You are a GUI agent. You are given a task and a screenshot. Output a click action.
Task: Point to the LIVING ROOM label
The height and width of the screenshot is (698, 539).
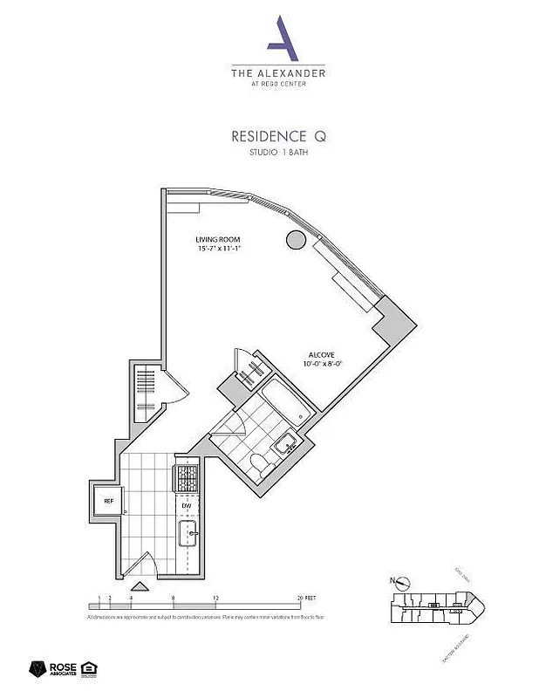(217, 239)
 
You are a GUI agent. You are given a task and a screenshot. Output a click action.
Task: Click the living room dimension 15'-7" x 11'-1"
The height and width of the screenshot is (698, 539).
(217, 249)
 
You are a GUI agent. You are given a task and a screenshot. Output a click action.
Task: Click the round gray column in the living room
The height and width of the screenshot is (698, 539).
(295, 241)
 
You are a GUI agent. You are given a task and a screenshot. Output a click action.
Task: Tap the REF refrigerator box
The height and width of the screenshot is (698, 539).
(108, 502)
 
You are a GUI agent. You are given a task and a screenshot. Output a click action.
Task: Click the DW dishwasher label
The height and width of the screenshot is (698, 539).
(186, 505)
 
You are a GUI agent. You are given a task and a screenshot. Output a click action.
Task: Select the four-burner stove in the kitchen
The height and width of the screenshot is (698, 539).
(188, 478)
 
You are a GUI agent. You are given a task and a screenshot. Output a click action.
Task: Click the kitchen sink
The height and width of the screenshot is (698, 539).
(188, 533)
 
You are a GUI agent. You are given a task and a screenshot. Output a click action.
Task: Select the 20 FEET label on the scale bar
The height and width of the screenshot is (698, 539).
(304, 599)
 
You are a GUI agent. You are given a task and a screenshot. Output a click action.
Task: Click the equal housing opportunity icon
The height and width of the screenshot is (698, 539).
(88, 669)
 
